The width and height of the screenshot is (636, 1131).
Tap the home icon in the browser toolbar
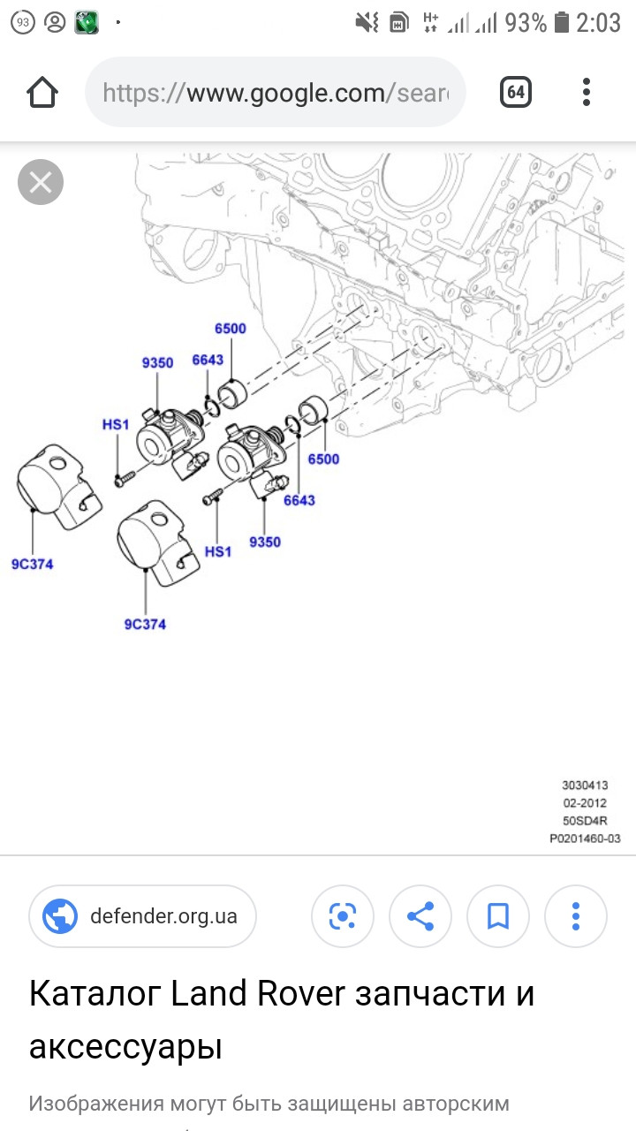(42, 92)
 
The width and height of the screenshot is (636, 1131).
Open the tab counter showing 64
(516, 92)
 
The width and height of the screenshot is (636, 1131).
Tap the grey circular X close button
(41, 183)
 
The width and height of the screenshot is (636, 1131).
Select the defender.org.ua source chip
(142, 916)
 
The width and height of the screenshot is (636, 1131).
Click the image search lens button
(343, 916)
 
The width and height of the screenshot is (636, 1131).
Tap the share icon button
(420, 916)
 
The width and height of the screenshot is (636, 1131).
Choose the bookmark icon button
(498, 916)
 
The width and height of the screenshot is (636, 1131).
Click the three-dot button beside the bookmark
(576, 916)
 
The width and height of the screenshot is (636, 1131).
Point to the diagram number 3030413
(585, 785)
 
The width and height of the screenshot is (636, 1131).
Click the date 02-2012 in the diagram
(585, 802)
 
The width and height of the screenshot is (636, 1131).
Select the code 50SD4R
(585, 820)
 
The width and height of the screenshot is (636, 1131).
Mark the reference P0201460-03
(585, 838)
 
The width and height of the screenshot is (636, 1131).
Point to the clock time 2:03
(599, 23)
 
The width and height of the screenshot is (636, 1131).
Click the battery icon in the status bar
(562, 23)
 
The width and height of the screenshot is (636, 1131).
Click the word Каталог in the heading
(95, 994)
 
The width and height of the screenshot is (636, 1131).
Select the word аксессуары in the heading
(125, 1047)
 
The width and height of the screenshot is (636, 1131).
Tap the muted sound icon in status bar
(367, 23)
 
